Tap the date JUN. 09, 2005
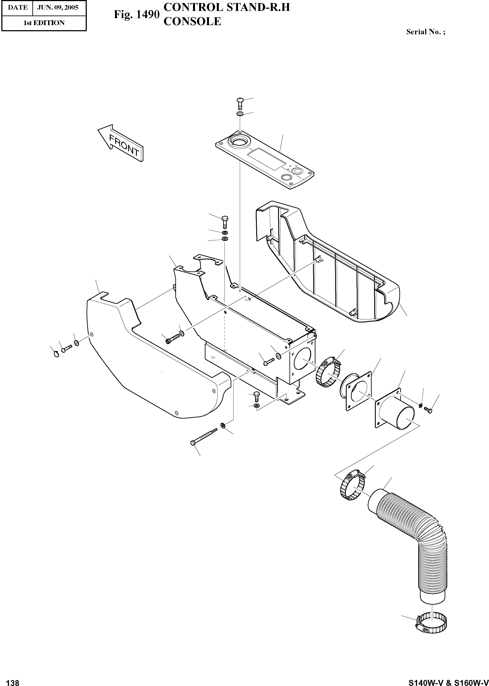pyautogui.click(x=57, y=7)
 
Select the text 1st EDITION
pyautogui.click(x=44, y=23)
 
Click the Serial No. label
pyautogui.click(x=425, y=32)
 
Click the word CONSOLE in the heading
pyautogui.click(x=192, y=21)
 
